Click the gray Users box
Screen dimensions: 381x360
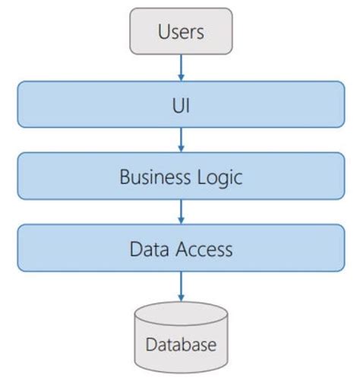(x=181, y=32)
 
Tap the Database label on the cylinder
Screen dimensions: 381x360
(x=181, y=344)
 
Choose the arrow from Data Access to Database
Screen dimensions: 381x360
(x=181, y=285)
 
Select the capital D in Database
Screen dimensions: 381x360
(x=150, y=344)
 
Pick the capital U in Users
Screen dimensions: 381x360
(x=163, y=32)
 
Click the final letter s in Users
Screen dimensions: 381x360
(x=202, y=33)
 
